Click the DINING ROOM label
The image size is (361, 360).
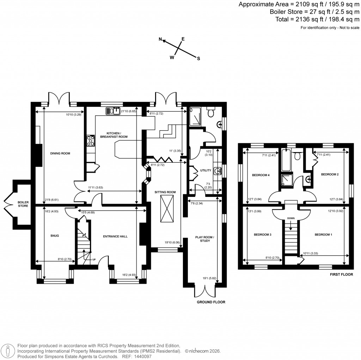(60, 154)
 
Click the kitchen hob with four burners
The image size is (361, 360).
(91, 141)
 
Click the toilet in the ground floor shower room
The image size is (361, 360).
(211, 113)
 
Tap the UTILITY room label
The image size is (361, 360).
(205, 170)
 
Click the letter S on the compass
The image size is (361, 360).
(198, 59)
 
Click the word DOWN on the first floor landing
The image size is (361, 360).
(290, 218)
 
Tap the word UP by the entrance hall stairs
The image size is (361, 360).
(94, 260)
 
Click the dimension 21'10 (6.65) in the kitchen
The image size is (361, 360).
(128, 112)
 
